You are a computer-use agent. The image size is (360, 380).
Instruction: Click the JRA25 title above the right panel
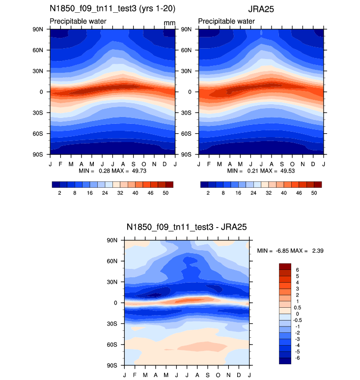[x=261, y=9]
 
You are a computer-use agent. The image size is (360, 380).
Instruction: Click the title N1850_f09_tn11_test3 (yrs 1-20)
[x=112, y=9]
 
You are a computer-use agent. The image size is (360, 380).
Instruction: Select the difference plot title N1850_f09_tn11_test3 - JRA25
[x=187, y=227]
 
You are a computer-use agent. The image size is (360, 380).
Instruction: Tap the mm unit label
[x=169, y=23]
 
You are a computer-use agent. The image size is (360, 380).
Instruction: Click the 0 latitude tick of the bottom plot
[x=116, y=303]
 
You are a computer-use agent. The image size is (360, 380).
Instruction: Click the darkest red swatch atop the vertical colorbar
[x=285, y=266]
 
